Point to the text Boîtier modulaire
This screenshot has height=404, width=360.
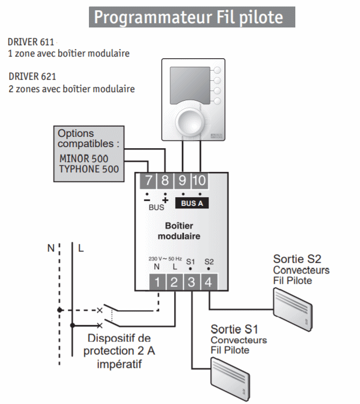pos(179,231)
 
